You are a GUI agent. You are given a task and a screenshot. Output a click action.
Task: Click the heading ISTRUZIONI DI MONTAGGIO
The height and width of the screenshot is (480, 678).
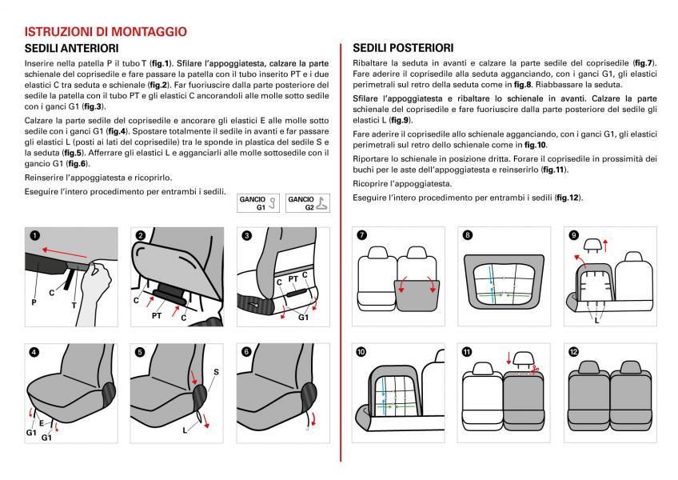(x=106, y=32)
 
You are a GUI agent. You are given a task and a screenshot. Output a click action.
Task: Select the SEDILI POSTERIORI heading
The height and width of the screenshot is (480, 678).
(x=403, y=48)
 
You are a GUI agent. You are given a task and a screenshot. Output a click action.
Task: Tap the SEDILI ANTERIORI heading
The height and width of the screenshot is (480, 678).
(x=72, y=49)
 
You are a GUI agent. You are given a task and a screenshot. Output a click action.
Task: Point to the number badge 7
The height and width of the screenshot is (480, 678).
(x=362, y=235)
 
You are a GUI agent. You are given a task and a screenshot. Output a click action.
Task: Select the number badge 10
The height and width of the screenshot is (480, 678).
(x=362, y=351)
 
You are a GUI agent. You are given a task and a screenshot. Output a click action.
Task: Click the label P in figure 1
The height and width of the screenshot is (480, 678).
(x=34, y=303)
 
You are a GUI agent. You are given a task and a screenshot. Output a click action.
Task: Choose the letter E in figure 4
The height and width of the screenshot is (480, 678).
(x=42, y=422)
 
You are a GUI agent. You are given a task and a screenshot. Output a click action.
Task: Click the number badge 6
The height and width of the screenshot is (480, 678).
(x=246, y=351)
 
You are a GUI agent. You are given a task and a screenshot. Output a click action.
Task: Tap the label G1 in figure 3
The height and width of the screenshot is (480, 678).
(x=303, y=317)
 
